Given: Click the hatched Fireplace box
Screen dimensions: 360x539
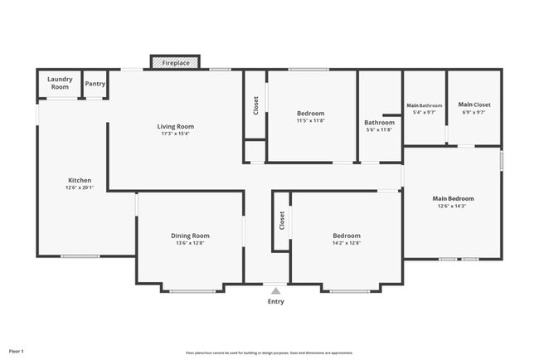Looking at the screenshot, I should coord(175,62).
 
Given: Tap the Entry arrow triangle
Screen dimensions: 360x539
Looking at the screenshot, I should coord(275,291).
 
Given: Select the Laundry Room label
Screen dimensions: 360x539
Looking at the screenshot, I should coord(60,83).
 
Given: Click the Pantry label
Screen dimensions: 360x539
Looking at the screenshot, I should coord(95,83).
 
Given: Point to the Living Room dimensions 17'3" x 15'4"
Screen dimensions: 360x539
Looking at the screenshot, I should coord(176,133).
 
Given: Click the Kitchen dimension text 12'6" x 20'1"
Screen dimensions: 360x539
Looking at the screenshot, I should coord(80,187).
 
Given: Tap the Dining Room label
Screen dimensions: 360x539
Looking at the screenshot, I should coord(190,236).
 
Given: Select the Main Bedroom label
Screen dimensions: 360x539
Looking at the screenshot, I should coord(453,198).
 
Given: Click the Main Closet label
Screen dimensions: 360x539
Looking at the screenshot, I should coord(474,105).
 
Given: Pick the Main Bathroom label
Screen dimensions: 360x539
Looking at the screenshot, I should coord(424,105).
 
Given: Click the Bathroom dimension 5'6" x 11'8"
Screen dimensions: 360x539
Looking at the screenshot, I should coord(380,129).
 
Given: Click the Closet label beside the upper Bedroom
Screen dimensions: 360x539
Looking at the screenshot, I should coord(255,105).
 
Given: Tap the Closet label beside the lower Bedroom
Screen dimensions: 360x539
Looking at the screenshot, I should coord(282,220).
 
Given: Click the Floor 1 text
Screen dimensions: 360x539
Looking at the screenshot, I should coord(17,351).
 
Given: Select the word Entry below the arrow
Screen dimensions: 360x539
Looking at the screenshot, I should coord(275,301).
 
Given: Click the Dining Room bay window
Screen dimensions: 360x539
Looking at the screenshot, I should coord(192,290).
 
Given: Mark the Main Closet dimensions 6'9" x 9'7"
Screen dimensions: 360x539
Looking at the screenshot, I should coord(474,111).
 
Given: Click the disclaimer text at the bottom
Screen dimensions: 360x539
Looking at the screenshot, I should coord(269,352).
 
